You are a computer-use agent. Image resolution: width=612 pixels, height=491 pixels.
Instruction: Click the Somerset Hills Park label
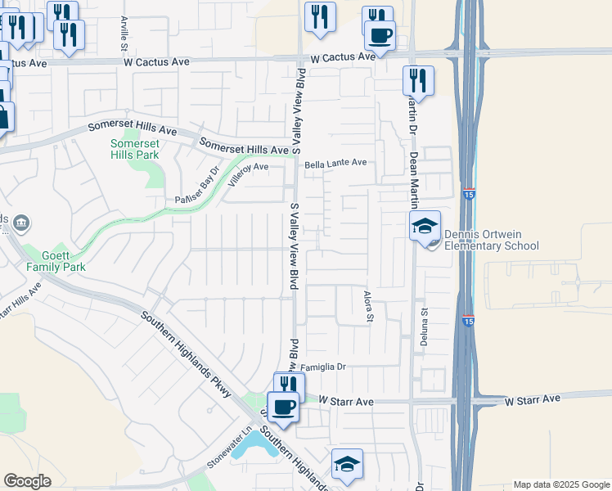[134, 148]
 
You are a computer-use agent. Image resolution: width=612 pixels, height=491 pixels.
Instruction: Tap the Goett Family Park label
[56, 261]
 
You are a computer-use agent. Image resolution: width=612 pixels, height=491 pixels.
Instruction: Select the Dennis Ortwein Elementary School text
[491, 240]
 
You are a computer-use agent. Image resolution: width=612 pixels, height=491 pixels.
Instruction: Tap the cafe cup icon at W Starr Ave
[284, 407]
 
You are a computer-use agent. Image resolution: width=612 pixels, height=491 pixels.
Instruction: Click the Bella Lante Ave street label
[335, 163]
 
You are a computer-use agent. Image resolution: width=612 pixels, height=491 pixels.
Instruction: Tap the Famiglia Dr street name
[324, 367]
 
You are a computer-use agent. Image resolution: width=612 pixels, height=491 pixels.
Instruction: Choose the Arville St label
[124, 29]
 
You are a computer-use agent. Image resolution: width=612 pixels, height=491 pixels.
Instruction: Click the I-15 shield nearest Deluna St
[467, 321]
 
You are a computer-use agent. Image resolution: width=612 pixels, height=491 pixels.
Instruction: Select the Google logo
[27, 481]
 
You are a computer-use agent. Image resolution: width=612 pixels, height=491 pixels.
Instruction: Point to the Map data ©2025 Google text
[560, 484]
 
